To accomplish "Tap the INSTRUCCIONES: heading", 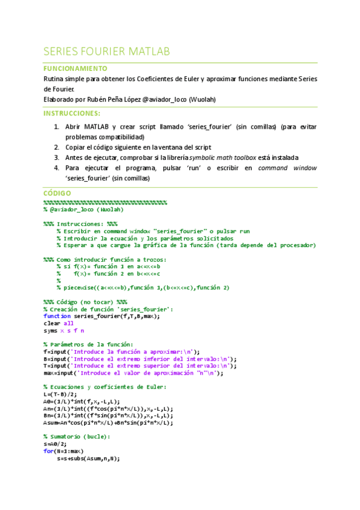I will pyautogui.click(x=72, y=113).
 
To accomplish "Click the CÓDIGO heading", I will pyautogui.click(x=57, y=193).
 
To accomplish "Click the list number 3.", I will pyautogui.click(x=56, y=158).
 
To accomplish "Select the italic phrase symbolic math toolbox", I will pyautogui.click(x=226, y=158).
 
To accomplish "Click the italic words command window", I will pyautogui.click(x=287, y=168).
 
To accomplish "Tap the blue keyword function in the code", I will pyautogui.click(x=57, y=316).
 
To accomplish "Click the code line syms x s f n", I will pyautogui.click(x=64, y=330).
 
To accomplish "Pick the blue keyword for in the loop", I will pyautogui.click(x=48, y=451).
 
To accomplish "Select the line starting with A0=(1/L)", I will pyautogui.click(x=82, y=401).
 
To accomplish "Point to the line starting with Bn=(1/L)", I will pyautogui.click(x=108, y=416).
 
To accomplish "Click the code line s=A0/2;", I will pyautogui.click(x=56, y=444).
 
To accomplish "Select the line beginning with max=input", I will pyautogui.click(x=133, y=373).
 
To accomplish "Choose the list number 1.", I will pyautogui.click(x=56, y=127).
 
